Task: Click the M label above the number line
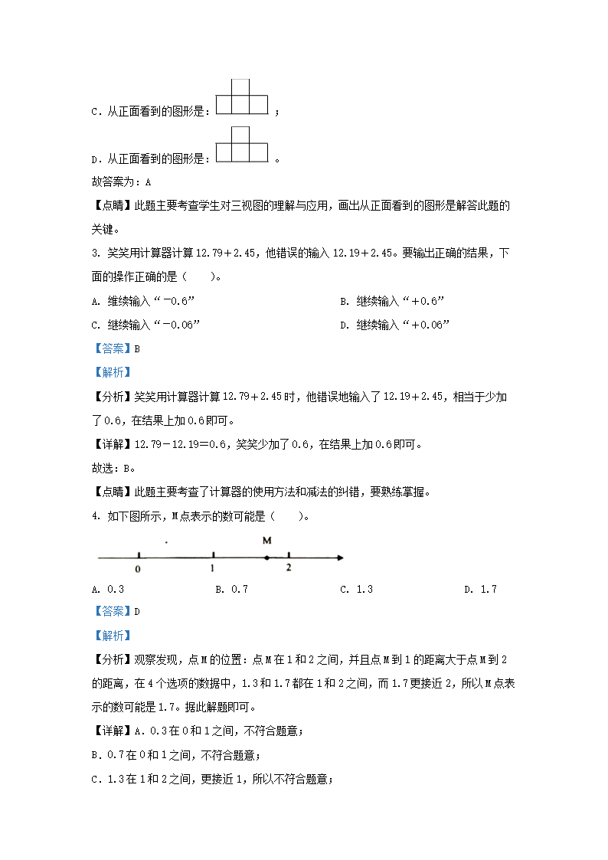pos(266,541)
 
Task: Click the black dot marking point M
pos(266,559)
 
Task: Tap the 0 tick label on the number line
pos(137,570)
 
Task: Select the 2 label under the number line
pos(288,568)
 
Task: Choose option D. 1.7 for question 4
pos(480,589)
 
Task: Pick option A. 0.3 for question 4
pos(107,589)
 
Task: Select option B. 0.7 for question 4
pos(231,589)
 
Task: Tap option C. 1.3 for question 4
pos(356,589)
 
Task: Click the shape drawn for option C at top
pos(242,97)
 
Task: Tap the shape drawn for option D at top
pos(242,145)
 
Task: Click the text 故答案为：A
pos(121,182)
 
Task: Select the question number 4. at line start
pos(95,516)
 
